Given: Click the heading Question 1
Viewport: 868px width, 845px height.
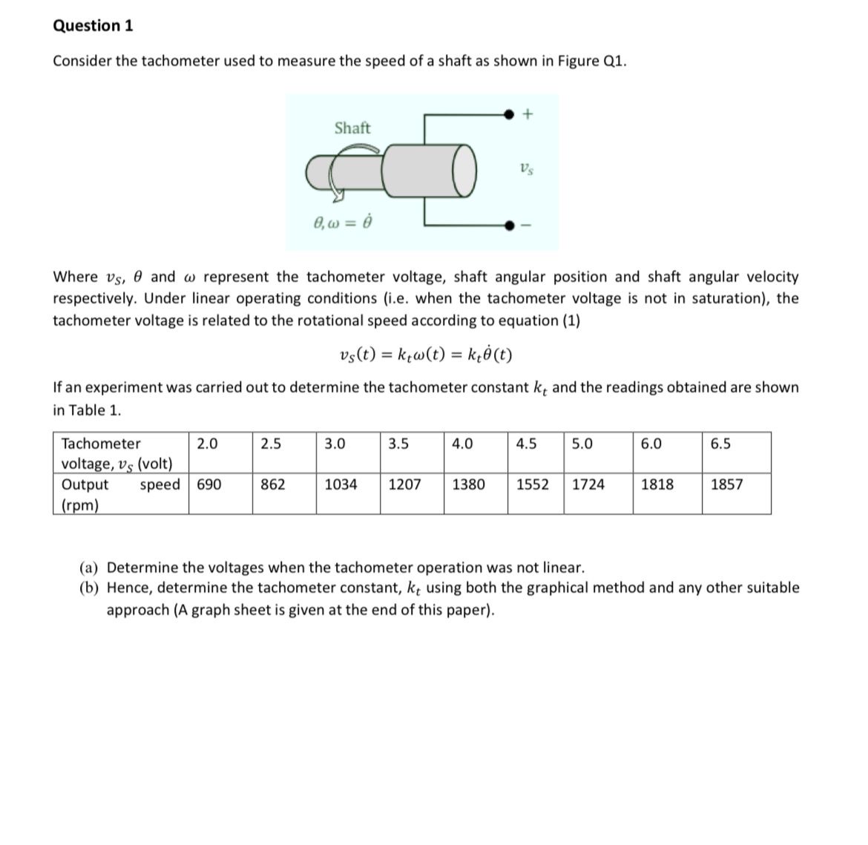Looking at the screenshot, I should tap(93, 26).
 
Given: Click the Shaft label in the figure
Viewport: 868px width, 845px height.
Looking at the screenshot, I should tap(352, 128).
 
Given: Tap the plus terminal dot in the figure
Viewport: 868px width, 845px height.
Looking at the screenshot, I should tap(508, 114).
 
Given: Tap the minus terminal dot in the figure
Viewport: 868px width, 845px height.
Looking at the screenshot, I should tap(508, 226).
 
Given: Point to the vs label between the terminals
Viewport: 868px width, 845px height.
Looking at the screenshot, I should tap(525, 169).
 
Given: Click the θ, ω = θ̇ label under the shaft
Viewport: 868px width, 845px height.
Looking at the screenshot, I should tap(342, 222).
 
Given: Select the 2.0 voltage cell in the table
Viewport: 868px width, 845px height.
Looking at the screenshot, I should tap(207, 444).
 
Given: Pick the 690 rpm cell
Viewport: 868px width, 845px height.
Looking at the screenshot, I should tap(208, 485).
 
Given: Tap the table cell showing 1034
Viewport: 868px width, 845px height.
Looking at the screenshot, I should tap(341, 485).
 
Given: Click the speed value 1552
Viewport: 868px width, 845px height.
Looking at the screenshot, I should tap(533, 485).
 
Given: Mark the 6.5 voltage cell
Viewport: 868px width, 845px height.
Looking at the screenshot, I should tap(720, 444).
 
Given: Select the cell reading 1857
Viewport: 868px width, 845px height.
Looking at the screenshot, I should tap(726, 485).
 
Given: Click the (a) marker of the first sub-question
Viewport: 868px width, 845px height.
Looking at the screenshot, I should tap(91, 568).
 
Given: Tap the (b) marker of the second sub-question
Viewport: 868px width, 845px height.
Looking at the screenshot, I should tap(91, 588).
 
